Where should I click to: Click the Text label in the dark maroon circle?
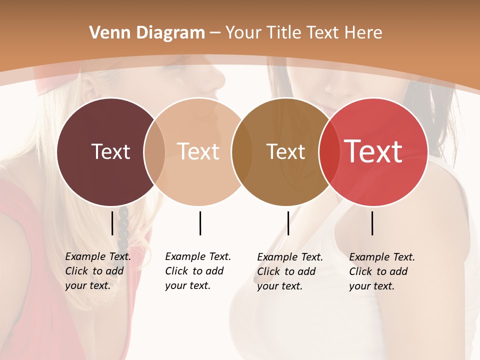pyautogui.click(x=110, y=151)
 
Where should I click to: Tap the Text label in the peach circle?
pyautogui.click(x=198, y=151)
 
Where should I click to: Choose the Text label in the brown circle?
pyautogui.click(x=285, y=151)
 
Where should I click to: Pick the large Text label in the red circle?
pyautogui.click(x=373, y=151)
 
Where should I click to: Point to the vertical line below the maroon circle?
pyautogui.click(x=112, y=223)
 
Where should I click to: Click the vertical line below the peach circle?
pyautogui.click(x=200, y=223)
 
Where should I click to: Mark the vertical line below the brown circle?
pyautogui.click(x=288, y=223)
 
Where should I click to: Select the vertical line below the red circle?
pyautogui.click(x=372, y=223)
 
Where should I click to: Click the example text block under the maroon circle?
pyautogui.click(x=98, y=271)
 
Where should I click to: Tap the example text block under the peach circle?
pyautogui.click(x=198, y=271)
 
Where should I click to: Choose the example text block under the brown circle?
pyautogui.click(x=290, y=271)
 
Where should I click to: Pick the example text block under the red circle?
pyautogui.click(x=382, y=271)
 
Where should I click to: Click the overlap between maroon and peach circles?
pyautogui.click(x=154, y=151)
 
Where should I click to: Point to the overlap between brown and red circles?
pyautogui.click(x=328, y=151)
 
